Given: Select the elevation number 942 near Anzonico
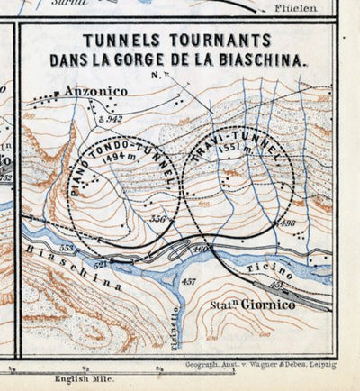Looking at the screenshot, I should [x=113, y=118].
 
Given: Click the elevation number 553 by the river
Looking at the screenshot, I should [x=65, y=246].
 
